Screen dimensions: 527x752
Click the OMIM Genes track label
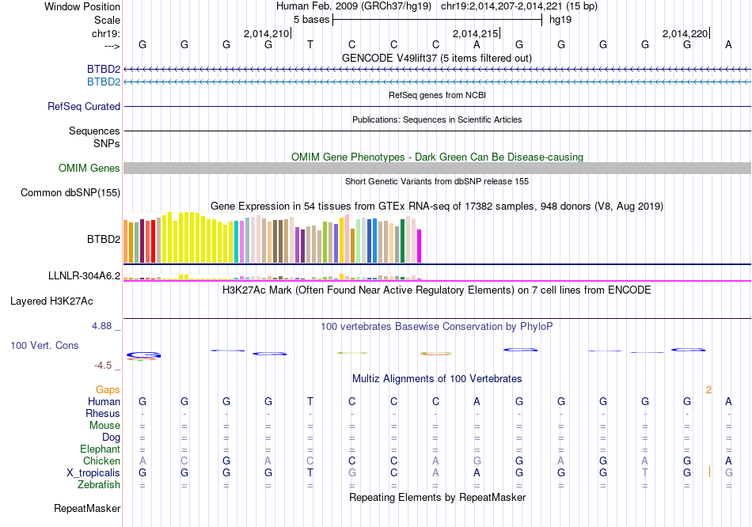tap(89, 168)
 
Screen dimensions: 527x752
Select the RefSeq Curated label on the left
tap(84, 106)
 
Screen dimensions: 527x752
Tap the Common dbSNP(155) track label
tap(70, 192)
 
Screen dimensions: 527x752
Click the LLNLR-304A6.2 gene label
tap(84, 275)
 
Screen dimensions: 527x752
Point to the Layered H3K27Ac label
tap(51, 301)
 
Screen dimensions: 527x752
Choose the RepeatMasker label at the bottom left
tap(87, 508)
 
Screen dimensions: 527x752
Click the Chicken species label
tap(101, 461)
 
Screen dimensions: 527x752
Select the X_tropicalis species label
tap(93, 472)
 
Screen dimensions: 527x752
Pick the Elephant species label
tap(100, 449)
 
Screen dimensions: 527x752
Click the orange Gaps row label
tap(108, 389)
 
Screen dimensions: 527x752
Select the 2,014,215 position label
tap(475, 33)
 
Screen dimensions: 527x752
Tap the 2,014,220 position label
tap(685, 33)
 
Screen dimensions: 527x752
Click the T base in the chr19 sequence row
tap(310, 44)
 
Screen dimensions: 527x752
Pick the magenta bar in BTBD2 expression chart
tap(420, 245)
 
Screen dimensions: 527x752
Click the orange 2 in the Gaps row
tap(709, 389)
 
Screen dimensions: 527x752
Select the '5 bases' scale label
tap(311, 19)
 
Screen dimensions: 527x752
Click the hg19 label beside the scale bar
tap(560, 19)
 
